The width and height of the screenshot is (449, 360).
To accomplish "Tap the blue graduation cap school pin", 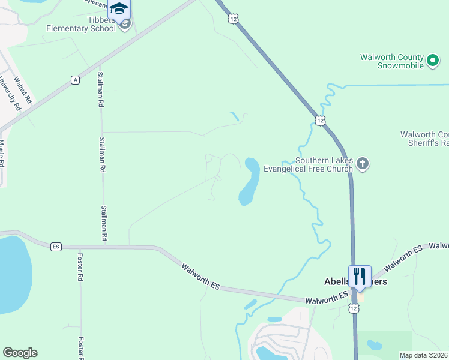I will point(119,9).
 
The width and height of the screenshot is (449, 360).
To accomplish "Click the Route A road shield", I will point(75,80).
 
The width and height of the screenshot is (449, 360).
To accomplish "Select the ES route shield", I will point(56,247).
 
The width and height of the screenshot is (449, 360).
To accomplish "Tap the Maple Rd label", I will point(2,154).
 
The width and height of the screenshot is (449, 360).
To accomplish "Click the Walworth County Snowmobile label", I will point(392,61).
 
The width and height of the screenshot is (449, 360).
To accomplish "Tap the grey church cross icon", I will point(362,163).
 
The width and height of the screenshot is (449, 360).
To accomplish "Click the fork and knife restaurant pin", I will point(360,277).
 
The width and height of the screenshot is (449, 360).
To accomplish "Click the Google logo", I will point(20,353).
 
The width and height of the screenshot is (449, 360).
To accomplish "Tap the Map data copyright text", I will point(423,355).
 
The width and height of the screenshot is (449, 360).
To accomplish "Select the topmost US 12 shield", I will point(233,19).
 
